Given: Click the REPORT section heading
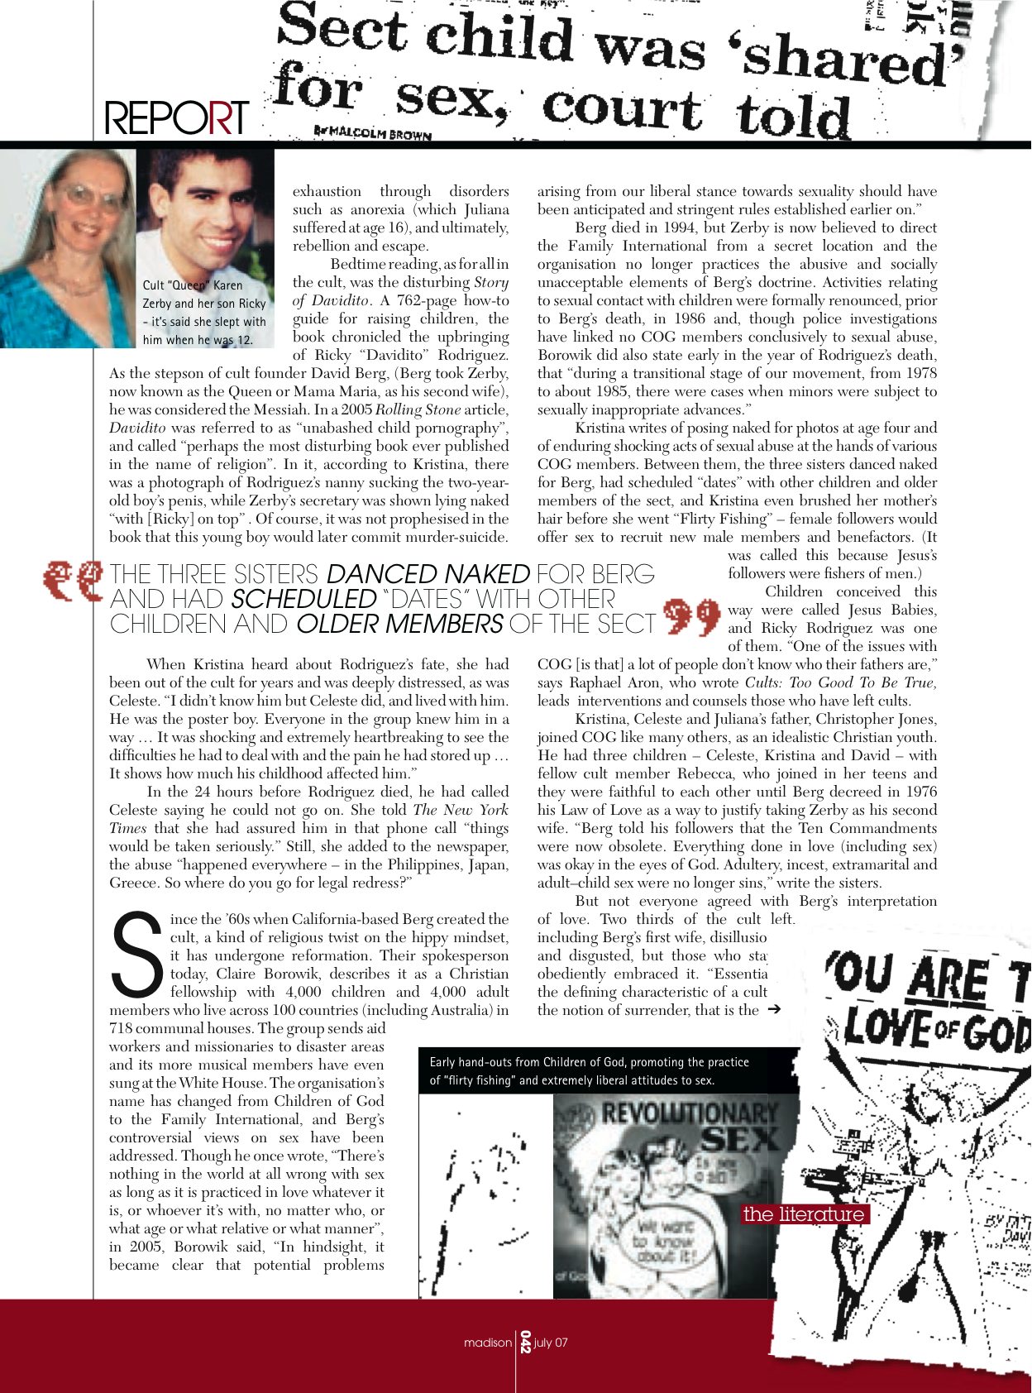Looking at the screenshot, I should click(x=176, y=118).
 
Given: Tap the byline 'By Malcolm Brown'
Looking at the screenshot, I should click(x=373, y=132).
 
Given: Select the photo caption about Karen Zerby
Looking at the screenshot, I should click(x=204, y=313).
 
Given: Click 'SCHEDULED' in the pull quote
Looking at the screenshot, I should click(x=303, y=599).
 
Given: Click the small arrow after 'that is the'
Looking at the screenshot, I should click(x=774, y=1009).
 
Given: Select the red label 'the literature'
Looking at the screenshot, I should click(x=804, y=1214).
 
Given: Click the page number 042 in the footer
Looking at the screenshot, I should click(x=523, y=1342).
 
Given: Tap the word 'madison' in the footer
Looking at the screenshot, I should click(x=487, y=1343).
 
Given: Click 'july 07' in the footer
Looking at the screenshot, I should click(x=552, y=1343).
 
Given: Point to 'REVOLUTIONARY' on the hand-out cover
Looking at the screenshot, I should click(x=689, y=1113).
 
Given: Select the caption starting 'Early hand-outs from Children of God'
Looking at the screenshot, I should click(x=590, y=1071).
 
